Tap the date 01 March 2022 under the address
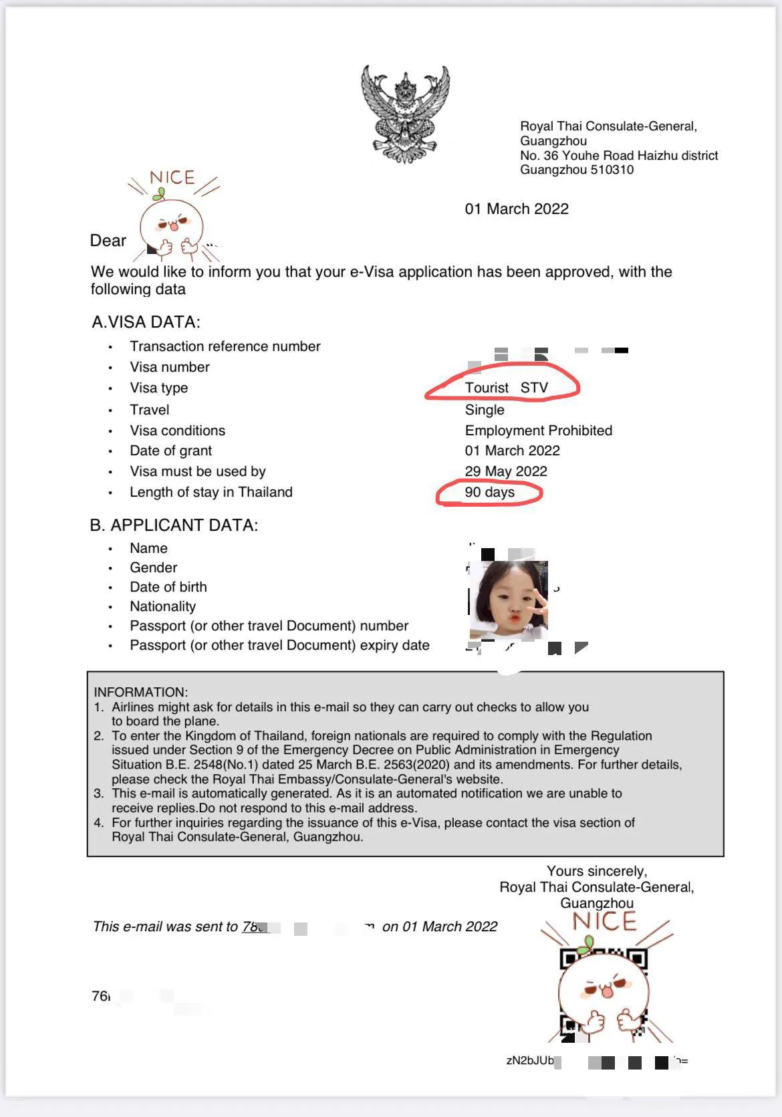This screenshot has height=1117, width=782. pos(517,209)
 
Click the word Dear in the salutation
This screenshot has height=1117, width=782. pos(108,241)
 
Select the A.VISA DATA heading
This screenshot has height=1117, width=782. pos(146,322)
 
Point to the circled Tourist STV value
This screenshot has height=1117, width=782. pos(506,388)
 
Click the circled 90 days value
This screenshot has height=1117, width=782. pos(489,493)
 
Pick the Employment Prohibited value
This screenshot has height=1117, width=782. pos(538,430)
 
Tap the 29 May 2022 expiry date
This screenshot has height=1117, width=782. pos(506,471)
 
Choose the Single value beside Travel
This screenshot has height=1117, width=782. pos(485,410)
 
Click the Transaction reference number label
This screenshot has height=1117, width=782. pos(225,346)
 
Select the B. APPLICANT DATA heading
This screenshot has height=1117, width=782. pos(174,525)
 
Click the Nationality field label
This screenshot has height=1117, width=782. pos(162,606)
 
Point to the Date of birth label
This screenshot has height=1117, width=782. pos(168,587)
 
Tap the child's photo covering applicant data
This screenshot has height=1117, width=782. pos(509,600)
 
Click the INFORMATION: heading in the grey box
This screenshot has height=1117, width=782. pos(140,692)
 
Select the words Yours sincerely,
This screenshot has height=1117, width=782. pos(596,871)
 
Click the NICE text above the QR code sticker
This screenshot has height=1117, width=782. pos(604,921)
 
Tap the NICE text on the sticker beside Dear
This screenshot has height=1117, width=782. pos(172,178)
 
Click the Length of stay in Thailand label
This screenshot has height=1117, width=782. pos(211,493)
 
